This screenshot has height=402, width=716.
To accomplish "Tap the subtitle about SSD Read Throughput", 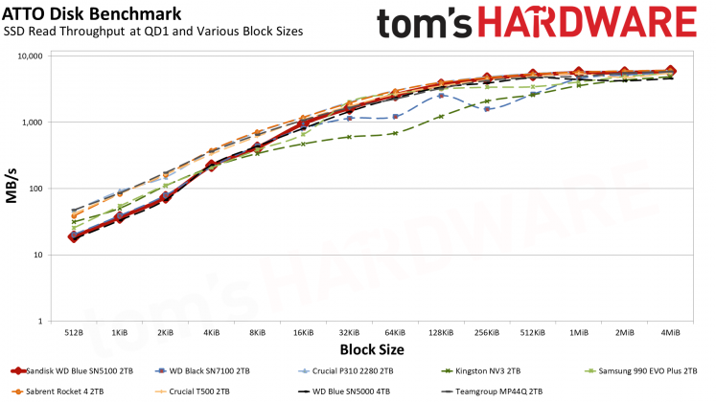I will (x=153, y=32).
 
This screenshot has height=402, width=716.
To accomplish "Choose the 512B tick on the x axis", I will (x=75, y=331).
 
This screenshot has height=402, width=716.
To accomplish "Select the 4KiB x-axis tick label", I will (x=212, y=331).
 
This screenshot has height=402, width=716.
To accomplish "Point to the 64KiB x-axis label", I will (x=395, y=331).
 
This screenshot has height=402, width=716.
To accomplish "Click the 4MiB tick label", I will (x=670, y=331).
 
